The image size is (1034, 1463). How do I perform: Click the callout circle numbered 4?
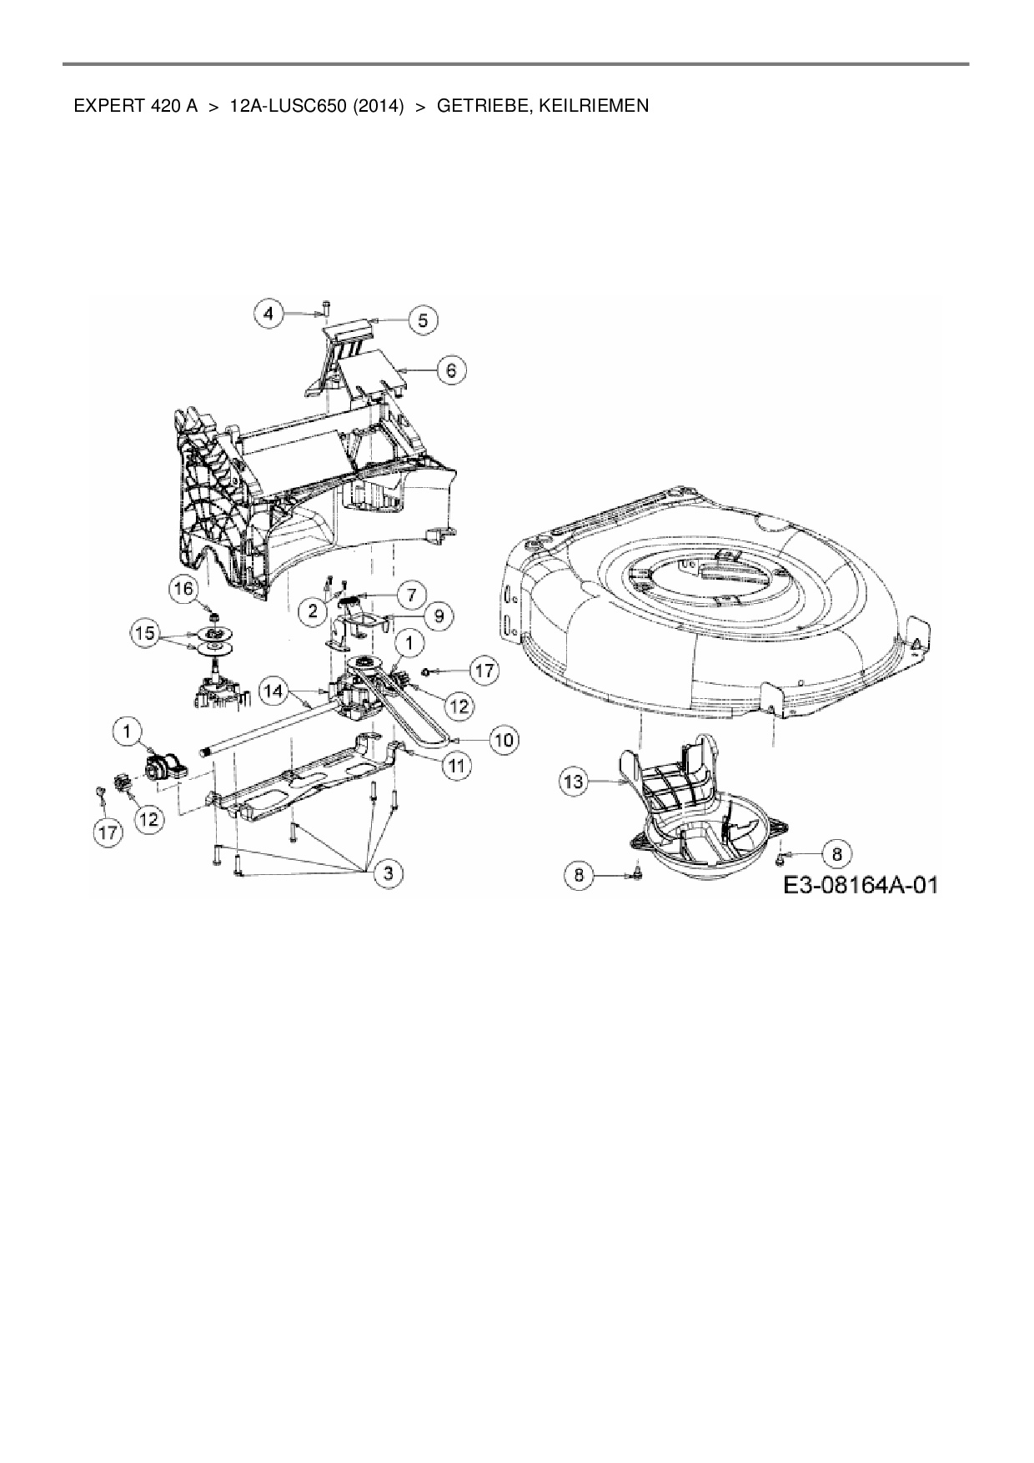pos(268,314)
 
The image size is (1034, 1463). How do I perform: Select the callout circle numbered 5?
pos(423,319)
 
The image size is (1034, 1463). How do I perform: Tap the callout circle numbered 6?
pos(452,370)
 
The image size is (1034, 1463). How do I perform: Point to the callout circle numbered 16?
pos(183,589)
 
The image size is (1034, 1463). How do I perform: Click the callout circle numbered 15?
pos(145,634)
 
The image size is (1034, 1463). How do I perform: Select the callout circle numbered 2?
pos(313,611)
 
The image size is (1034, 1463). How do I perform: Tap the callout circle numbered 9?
pos(439,616)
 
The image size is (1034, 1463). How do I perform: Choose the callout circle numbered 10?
pos(503,739)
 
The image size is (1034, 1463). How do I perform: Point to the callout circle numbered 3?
pos(388,873)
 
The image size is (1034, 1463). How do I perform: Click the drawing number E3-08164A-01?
pos(860,885)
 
